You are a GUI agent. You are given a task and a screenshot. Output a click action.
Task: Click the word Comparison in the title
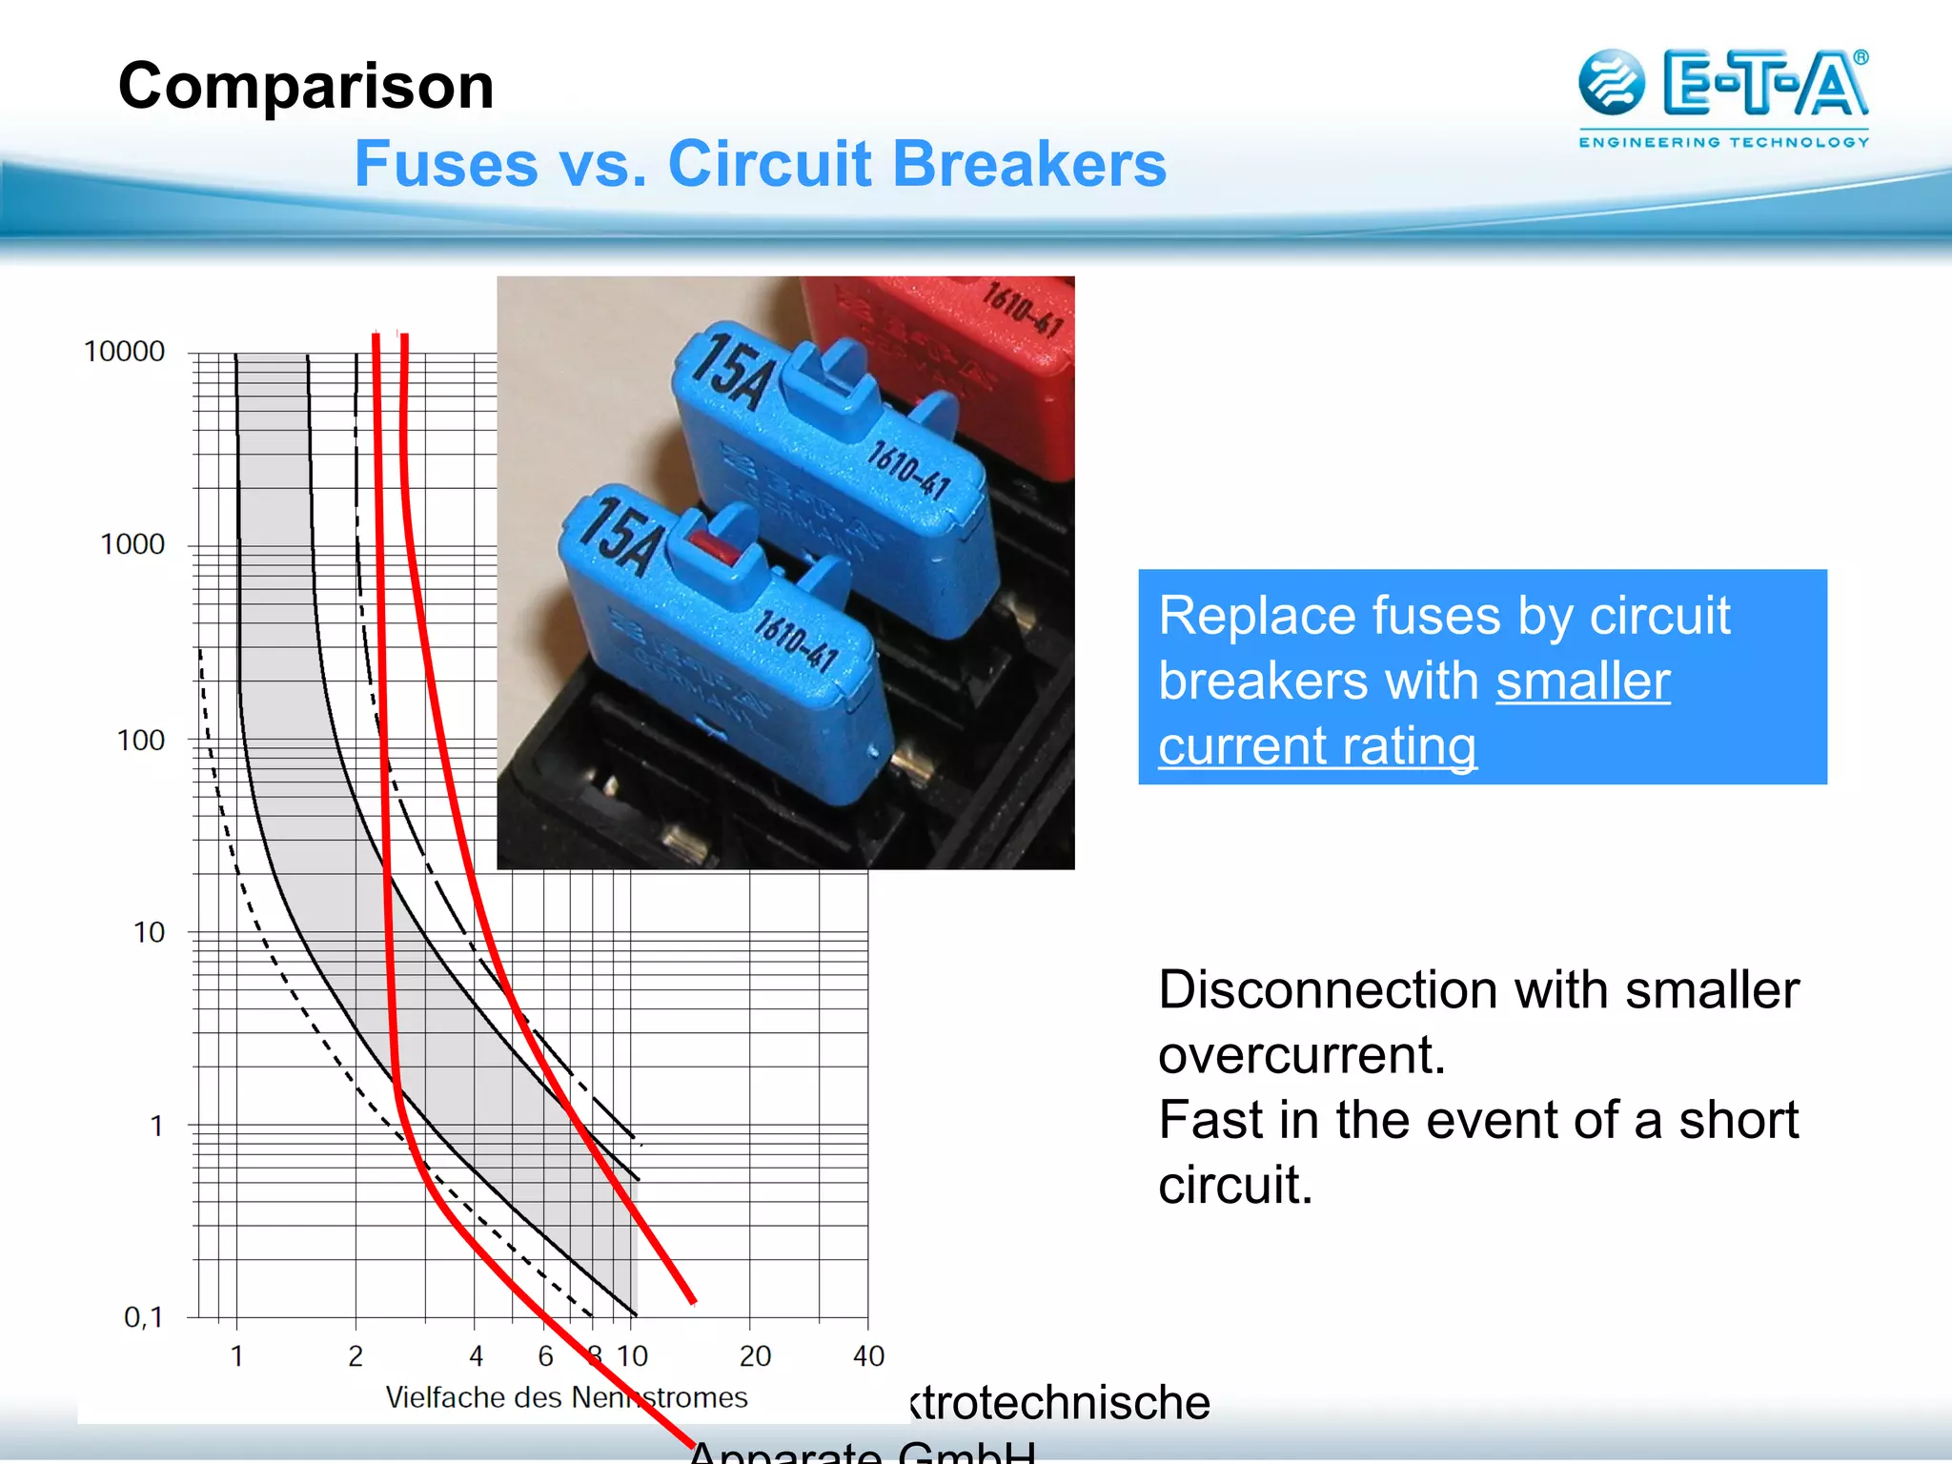306,87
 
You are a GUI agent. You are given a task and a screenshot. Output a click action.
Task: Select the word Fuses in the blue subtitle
446,164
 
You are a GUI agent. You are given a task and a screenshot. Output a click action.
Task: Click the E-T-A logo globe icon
1612,83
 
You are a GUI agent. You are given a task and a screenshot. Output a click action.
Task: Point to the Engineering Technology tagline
1723,142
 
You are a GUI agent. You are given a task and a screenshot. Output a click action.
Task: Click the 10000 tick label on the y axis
125,352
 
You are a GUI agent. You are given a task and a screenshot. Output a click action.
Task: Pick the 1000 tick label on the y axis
132,544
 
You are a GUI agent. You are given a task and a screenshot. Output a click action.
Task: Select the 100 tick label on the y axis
141,740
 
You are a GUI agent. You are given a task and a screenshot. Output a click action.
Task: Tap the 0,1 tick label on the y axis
144,1317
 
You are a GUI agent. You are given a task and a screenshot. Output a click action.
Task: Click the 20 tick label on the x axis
755,1355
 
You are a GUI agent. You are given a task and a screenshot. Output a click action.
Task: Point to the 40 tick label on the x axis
868,1355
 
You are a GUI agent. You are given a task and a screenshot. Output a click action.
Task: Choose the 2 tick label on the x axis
356,1355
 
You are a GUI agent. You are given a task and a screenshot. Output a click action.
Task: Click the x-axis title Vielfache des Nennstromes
566,1397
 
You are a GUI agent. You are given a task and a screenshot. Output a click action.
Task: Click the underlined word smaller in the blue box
1582,681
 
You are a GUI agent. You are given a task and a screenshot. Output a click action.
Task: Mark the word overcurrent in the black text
1301,1055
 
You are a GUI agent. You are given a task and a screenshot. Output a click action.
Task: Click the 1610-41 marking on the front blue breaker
796,640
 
